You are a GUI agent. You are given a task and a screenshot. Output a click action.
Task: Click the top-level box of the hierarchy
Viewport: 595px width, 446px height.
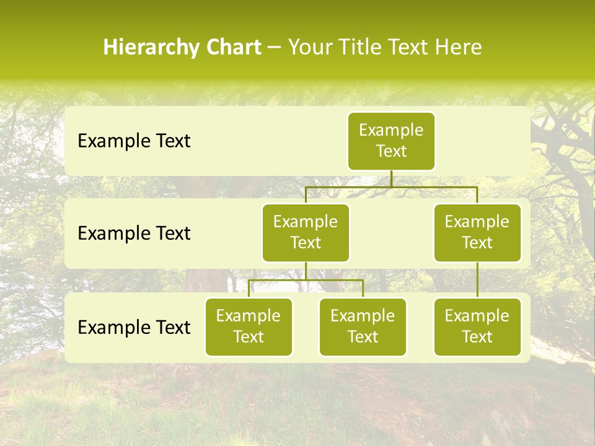pos(391,141)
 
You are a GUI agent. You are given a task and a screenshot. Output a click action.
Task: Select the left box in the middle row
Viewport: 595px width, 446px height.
pos(306,232)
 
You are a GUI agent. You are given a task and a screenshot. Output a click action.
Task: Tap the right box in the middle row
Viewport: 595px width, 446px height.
pos(477,232)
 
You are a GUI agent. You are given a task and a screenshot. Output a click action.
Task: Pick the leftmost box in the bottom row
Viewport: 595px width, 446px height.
pos(249,326)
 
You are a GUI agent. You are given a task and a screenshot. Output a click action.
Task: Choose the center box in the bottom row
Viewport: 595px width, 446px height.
pos(363,326)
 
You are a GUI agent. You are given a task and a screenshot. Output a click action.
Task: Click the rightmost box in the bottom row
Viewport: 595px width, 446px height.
pos(477,326)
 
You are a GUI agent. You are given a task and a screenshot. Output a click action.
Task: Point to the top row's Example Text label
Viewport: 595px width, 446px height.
pos(134,141)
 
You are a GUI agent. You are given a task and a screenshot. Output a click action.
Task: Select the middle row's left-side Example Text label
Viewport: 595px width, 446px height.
pos(134,234)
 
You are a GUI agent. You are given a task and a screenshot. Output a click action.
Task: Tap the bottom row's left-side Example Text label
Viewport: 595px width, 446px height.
pos(134,327)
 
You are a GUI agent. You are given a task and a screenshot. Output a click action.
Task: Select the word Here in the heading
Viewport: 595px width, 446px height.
pos(458,47)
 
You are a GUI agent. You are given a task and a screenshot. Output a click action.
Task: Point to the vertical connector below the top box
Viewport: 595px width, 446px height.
pos(391,178)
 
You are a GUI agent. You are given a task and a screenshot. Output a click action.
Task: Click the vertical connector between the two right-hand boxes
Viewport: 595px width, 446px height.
pos(477,280)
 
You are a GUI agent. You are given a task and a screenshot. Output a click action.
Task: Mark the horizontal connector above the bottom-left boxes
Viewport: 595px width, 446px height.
pos(306,280)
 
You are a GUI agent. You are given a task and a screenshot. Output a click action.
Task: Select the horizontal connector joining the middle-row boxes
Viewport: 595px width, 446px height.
pos(391,186)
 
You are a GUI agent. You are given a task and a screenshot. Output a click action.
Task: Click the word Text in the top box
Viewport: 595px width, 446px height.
pos(391,151)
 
